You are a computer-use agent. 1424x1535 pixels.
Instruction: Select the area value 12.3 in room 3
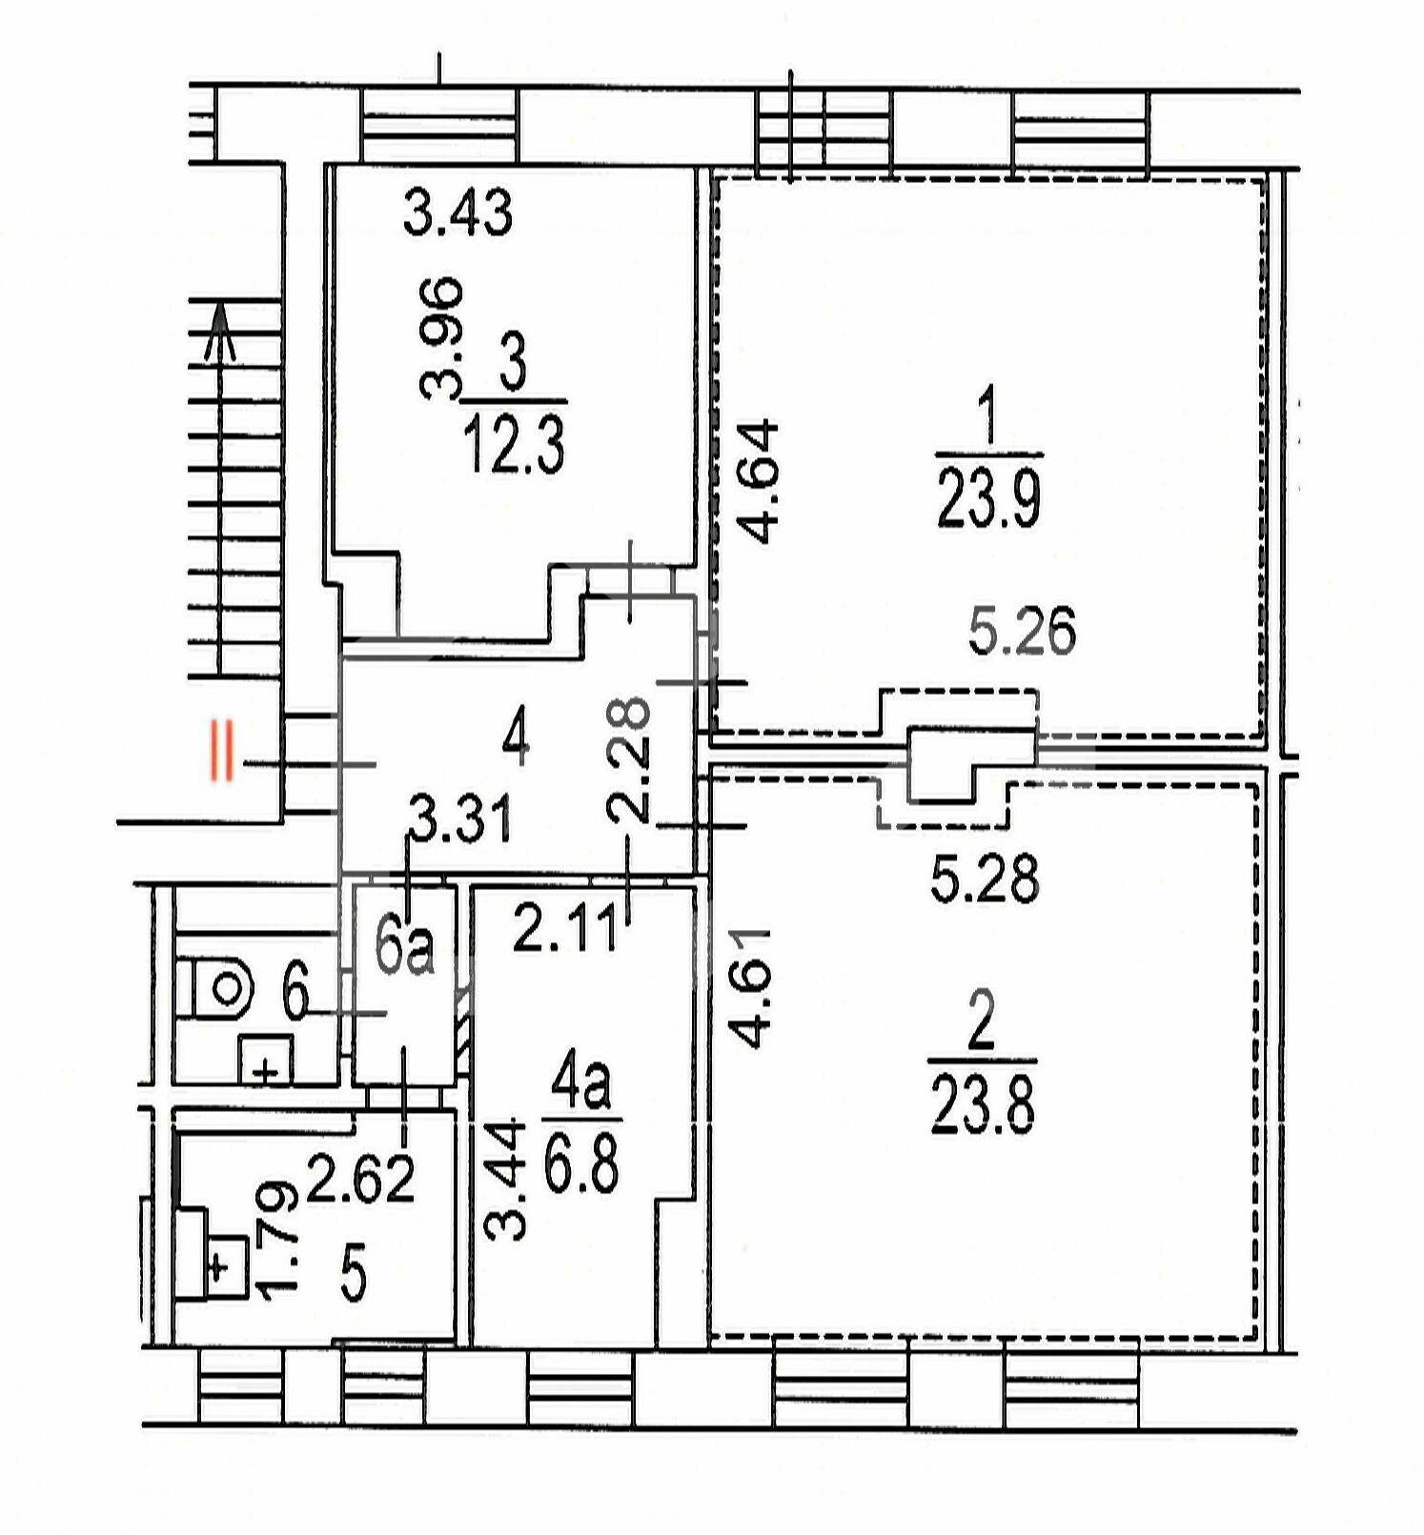point(515,448)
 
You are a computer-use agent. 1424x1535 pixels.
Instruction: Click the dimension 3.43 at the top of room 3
point(458,212)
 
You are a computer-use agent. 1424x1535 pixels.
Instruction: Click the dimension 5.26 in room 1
point(1023,632)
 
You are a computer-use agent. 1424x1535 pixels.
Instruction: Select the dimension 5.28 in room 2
point(985,879)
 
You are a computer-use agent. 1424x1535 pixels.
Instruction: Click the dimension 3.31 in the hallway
point(461,820)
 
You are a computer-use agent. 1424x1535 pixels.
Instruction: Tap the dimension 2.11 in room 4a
point(566,929)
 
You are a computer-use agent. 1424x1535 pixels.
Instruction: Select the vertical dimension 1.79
point(279,1239)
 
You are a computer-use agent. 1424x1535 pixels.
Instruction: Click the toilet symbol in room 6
point(216,989)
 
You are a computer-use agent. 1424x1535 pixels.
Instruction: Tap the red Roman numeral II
point(223,752)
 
